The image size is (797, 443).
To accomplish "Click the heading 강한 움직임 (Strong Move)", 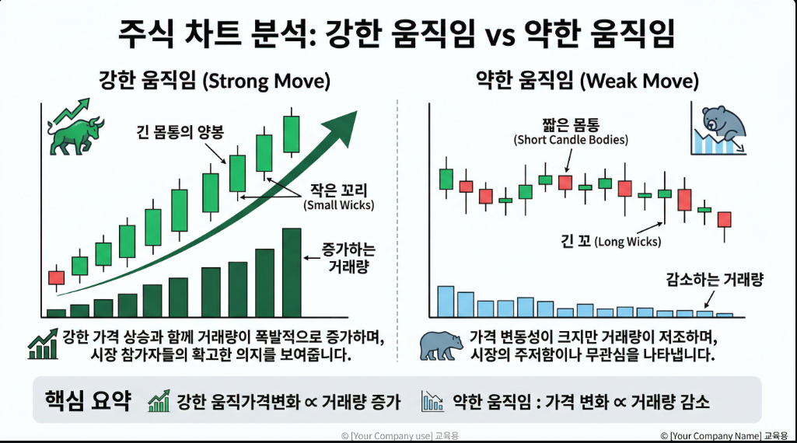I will coord(214,81).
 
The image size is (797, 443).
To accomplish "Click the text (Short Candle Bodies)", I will coord(571,140).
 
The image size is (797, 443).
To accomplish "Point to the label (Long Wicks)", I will coord(628,242).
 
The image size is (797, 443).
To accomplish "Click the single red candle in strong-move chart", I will coord(56,277).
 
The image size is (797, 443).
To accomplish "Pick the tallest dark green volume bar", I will coord(291,272).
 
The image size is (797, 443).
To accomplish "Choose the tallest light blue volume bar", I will coord(446,302).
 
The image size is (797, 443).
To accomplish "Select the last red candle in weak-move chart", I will coord(725,220).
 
